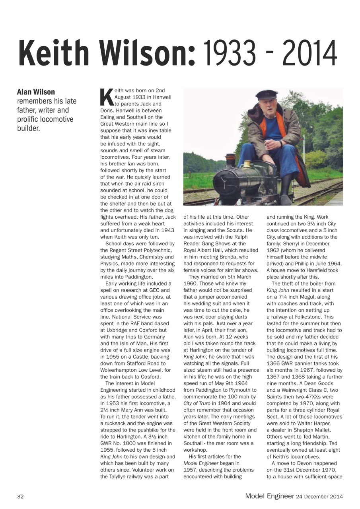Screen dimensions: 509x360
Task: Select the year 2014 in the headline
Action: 310,53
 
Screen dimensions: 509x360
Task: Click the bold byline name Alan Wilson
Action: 36,92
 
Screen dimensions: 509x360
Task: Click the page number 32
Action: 20,496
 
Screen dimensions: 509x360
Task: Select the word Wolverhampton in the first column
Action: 118,370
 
